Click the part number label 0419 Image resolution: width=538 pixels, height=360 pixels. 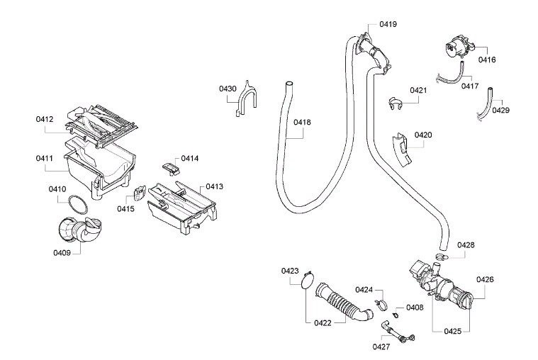[388, 24]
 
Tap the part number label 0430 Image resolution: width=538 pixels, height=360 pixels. [227, 89]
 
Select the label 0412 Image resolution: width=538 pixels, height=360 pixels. [45, 119]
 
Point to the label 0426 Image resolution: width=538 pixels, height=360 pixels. [485, 279]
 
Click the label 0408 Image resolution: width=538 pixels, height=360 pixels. [415, 308]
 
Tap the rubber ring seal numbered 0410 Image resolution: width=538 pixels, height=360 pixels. [79, 206]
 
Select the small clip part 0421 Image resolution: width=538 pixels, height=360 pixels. [395, 104]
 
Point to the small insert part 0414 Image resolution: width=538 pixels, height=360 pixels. [169, 166]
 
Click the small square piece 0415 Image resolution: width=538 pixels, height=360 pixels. [138, 193]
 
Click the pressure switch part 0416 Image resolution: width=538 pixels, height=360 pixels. [454, 47]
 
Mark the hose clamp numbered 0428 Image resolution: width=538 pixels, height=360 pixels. [441, 256]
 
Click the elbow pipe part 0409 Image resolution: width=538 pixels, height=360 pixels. [80, 232]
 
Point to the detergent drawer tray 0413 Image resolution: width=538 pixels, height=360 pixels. [180, 206]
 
